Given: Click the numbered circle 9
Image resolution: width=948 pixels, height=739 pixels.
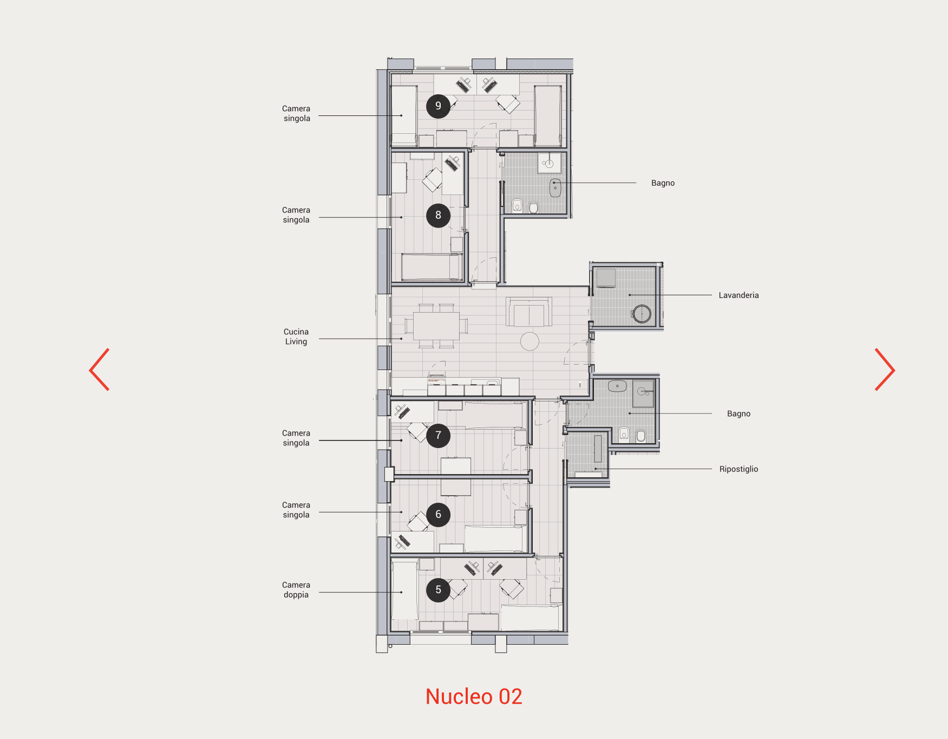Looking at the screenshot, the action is (438, 106).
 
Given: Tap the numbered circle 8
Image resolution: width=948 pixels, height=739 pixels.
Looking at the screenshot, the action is (438, 215).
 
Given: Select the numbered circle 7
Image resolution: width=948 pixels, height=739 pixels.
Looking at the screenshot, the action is (438, 436).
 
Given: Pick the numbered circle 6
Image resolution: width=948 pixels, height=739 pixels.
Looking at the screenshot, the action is (438, 515).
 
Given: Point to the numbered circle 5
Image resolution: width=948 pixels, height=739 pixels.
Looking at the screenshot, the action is (438, 590).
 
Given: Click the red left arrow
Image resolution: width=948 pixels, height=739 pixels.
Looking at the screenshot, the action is (100, 369).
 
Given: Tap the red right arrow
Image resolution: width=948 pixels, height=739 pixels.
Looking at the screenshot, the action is (885, 369).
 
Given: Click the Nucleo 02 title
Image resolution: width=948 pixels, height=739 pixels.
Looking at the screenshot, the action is (474, 697).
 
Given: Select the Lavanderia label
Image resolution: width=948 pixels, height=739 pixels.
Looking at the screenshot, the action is (738, 295).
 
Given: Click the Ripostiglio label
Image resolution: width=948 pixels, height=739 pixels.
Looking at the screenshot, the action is (738, 469).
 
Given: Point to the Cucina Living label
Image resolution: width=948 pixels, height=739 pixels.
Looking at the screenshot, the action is (296, 336).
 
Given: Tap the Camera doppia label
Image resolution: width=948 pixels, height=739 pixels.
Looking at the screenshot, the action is (296, 590).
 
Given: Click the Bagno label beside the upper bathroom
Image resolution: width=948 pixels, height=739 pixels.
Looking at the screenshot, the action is (663, 183).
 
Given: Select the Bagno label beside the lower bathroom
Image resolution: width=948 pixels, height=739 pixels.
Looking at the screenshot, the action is (738, 414).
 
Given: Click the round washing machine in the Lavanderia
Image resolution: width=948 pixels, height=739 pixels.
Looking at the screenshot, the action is (642, 314).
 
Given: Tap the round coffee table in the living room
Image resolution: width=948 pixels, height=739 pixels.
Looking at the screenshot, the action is (529, 341).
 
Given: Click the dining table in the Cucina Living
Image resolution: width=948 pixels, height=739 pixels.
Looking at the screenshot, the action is (436, 326).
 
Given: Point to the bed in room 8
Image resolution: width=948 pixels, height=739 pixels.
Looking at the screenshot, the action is (432, 267).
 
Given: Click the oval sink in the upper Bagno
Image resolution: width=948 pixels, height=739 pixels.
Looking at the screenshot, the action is (555, 188).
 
